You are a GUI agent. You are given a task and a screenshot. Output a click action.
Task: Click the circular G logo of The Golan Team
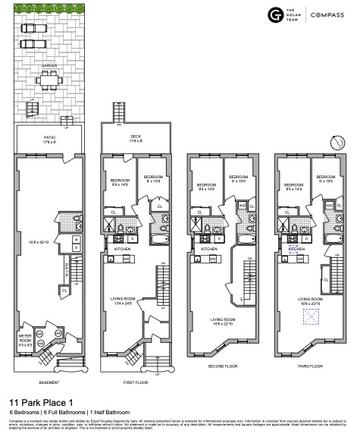274,15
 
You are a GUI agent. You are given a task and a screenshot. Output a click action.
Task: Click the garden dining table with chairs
49,78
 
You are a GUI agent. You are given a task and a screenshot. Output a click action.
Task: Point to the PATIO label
49,137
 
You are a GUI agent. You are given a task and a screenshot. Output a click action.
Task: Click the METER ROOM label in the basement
24,336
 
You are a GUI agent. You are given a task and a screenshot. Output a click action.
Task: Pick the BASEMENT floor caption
49,382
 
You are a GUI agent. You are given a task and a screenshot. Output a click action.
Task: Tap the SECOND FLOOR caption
224,366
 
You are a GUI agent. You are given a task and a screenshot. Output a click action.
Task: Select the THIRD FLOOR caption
311,366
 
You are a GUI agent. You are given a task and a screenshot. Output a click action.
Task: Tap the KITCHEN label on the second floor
210,248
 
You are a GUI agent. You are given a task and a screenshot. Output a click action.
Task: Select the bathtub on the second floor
247,237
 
